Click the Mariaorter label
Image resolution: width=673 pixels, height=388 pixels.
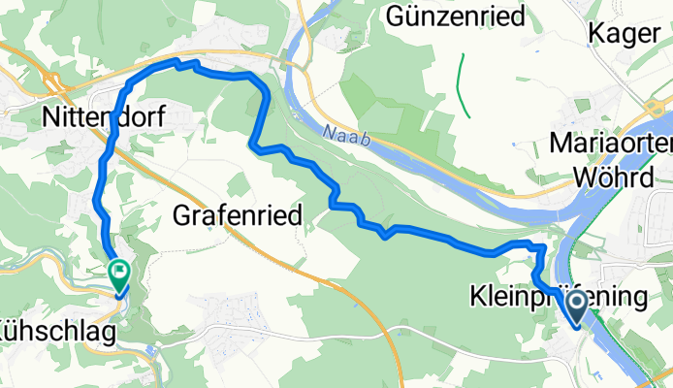(x=610, y=144)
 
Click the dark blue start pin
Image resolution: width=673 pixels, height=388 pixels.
(x=576, y=307)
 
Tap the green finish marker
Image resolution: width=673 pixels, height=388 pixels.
(x=119, y=275)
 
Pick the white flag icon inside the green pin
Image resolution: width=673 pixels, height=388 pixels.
(x=119, y=272)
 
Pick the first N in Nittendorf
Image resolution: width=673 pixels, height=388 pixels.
(x=50, y=118)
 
